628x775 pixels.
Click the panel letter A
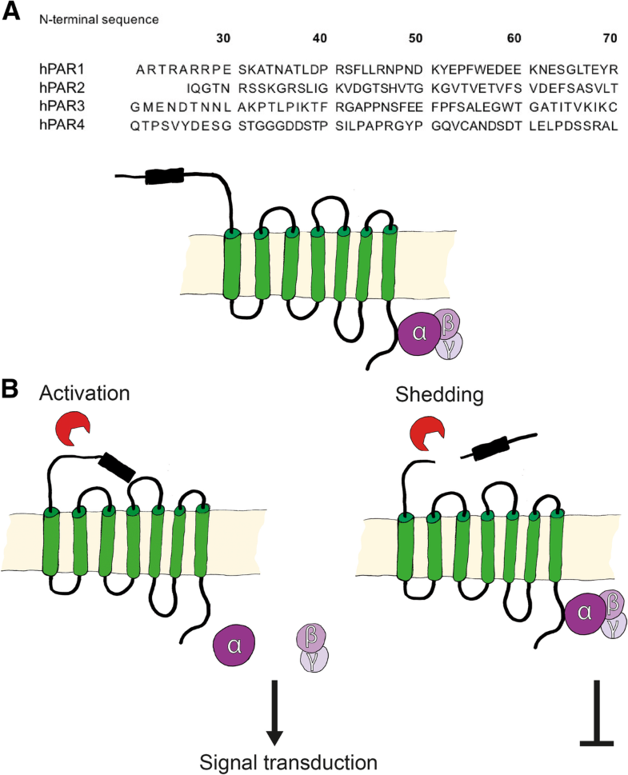pos(12,12)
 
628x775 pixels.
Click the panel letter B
pos(12,389)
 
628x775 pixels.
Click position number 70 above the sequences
pos(610,38)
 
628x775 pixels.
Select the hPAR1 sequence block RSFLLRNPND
pos(370,70)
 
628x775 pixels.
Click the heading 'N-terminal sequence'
pos(93,17)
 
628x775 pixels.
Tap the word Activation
pos(85,393)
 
